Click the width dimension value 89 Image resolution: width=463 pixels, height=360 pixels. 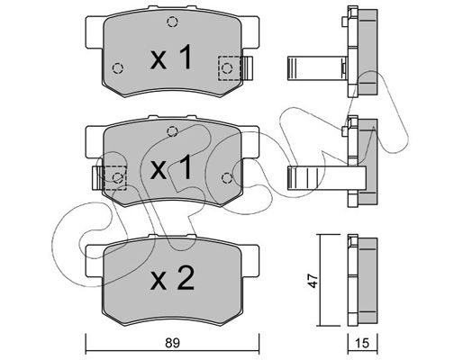pos(172,343)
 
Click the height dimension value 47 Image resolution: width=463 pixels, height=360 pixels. pos(313,281)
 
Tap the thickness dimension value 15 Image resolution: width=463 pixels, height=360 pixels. pos(362,343)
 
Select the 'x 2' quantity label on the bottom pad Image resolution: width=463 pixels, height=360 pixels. pos(172,278)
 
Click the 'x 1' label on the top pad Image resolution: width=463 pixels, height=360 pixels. pos(171,57)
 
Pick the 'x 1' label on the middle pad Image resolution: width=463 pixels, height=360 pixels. pos(171,166)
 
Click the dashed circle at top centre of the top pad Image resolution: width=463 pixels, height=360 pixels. pos(172,22)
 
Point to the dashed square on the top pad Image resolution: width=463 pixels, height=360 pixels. pos(230,68)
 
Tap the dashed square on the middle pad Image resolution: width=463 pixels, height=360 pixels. pos(114,177)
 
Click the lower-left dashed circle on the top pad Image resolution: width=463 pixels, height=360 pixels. pos(118,68)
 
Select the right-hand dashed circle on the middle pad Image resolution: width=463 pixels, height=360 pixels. pos(227,178)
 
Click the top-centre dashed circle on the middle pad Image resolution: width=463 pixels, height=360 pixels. pos(172,131)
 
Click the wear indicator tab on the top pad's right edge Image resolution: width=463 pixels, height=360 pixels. pos(248,68)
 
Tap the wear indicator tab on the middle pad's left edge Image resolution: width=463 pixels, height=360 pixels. pos(97,177)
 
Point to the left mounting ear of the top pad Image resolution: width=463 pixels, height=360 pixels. pos(95,32)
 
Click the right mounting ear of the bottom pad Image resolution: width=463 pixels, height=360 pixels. pos(250,261)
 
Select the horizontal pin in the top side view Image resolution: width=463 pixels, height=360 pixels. pos(317,68)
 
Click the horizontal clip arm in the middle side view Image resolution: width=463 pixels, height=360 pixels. pos(327,178)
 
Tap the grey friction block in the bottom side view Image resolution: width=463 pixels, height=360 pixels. pos(368,281)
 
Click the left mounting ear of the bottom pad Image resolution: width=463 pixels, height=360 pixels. pos(95,261)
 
